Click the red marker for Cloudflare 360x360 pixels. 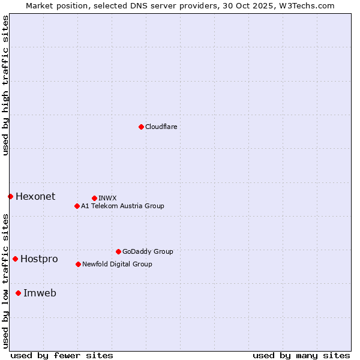point(141,127)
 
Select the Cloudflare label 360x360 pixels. point(161,127)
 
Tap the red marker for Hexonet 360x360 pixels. point(10,196)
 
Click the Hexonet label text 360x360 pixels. point(35,196)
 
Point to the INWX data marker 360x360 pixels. point(94,198)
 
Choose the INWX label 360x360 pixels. point(107,198)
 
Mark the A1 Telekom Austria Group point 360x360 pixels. point(77,206)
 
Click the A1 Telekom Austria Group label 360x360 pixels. point(122,206)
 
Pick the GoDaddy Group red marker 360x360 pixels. point(118,251)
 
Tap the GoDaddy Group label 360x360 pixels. point(148,251)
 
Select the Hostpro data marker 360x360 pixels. point(15,259)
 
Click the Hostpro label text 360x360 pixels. point(39,259)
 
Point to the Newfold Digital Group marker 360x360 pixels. point(78,264)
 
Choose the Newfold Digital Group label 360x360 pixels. point(117,264)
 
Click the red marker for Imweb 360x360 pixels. point(18,293)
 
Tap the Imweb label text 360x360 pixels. point(40,293)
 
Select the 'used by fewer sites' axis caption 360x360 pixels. point(62,355)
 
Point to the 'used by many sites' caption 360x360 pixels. point(301,355)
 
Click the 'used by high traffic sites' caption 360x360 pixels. point(5,85)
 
